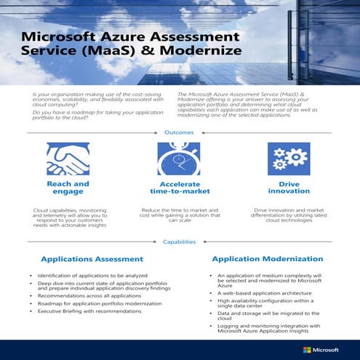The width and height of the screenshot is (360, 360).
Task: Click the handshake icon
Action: click(x=68, y=159)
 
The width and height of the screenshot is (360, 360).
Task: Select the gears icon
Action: click(x=284, y=159)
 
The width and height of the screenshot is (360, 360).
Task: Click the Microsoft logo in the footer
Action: click(x=321, y=349)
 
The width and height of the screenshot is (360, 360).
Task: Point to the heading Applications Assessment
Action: click(x=92, y=259)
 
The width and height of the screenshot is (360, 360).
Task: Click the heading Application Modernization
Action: click(x=267, y=258)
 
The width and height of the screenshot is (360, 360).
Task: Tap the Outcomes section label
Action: click(x=179, y=132)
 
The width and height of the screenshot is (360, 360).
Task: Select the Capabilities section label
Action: click(x=179, y=242)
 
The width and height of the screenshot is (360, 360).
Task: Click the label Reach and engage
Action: click(x=68, y=188)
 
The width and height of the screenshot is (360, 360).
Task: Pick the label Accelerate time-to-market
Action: click(x=179, y=188)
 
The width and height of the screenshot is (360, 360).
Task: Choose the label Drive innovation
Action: click(x=284, y=188)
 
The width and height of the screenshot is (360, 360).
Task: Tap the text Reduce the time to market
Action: click(x=179, y=212)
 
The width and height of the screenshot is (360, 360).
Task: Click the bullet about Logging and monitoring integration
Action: click(x=269, y=329)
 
